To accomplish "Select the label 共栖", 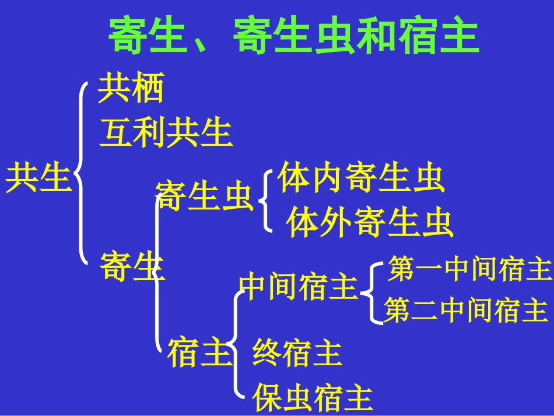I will [x=131, y=89].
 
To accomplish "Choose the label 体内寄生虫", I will [x=361, y=179].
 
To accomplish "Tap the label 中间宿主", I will [x=298, y=286].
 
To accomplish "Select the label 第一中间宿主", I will [x=469, y=269].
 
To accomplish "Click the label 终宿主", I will [x=297, y=353].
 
